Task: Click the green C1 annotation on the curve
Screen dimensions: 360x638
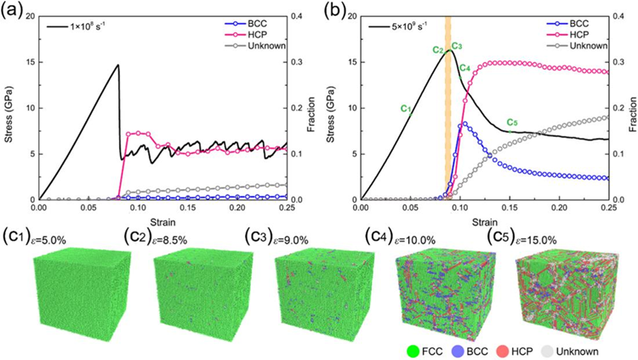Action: tap(406, 108)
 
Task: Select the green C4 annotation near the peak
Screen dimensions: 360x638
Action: tap(465, 67)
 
